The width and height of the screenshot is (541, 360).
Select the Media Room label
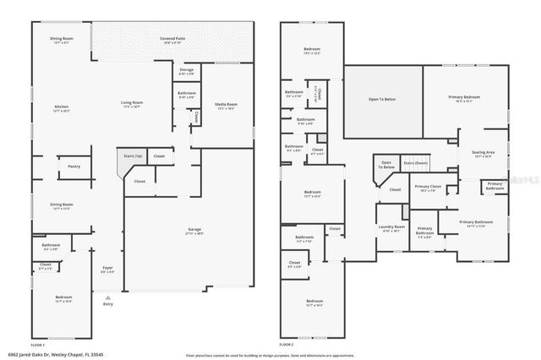point(225,106)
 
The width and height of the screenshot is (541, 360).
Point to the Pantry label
point(74,166)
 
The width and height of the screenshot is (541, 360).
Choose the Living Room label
point(132,104)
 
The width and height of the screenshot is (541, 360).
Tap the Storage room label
point(186,70)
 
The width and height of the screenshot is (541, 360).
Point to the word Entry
point(107,304)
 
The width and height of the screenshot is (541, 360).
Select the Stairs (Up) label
point(133,156)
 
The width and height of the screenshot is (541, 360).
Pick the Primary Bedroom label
point(464,97)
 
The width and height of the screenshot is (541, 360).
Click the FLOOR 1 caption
point(37,344)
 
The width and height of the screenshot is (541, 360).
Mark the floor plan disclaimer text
point(270,355)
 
